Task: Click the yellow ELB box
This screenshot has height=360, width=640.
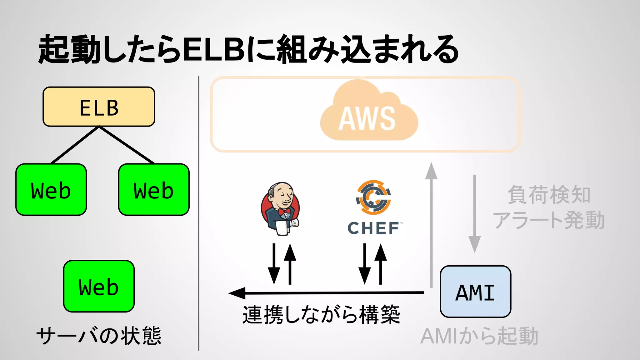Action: (x=99, y=107)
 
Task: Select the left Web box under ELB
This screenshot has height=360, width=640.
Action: (x=51, y=190)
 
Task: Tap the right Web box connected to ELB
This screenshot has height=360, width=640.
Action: (x=154, y=190)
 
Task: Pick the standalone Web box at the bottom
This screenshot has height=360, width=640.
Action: (x=99, y=286)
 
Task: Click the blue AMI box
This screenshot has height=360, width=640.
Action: (x=475, y=292)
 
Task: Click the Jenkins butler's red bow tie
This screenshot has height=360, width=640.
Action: (x=284, y=212)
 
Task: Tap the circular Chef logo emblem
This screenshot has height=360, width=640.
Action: (x=373, y=197)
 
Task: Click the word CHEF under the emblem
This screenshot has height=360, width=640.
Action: (x=373, y=228)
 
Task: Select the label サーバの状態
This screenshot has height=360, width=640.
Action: (x=99, y=336)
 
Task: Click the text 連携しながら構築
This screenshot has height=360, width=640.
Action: (x=321, y=314)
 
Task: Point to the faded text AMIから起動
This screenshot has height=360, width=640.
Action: (x=479, y=336)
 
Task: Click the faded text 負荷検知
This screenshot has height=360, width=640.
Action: (x=549, y=195)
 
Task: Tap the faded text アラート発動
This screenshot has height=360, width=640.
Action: (x=549, y=220)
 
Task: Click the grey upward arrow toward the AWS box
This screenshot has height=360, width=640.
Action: (x=431, y=225)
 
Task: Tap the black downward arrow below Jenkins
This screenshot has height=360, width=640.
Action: (x=274, y=264)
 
